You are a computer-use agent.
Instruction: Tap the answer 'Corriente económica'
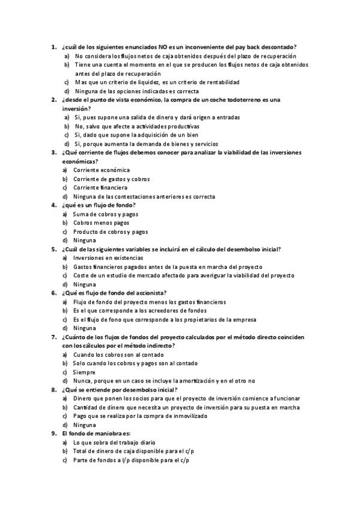click(102, 170)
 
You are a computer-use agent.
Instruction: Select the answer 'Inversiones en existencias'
click(108, 258)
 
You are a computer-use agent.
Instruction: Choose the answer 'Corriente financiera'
click(100, 188)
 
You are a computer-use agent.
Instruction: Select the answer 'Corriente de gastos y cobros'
click(112, 179)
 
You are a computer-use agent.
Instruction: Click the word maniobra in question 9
click(108, 434)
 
